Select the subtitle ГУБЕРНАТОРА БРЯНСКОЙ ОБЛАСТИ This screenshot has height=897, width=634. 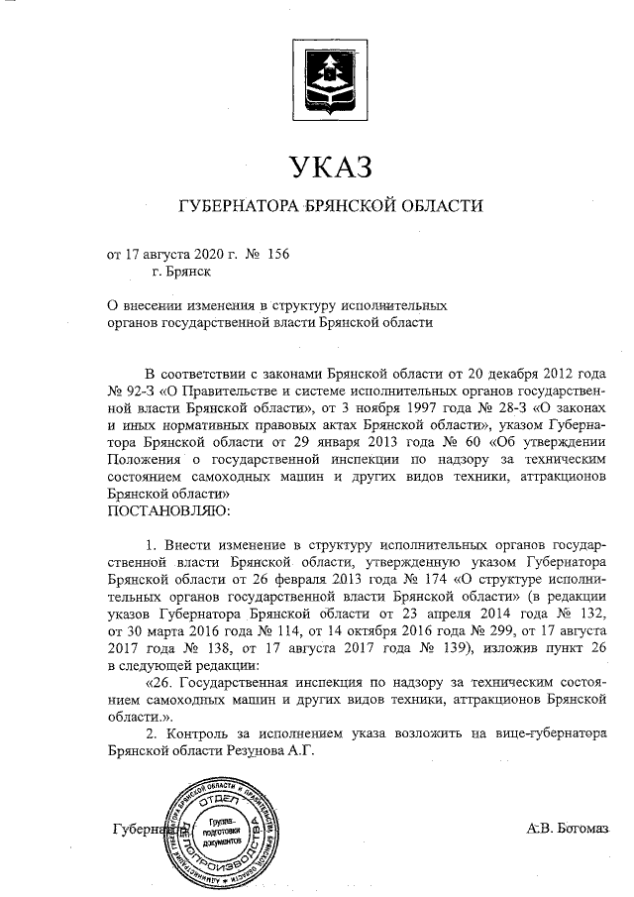pos(328,207)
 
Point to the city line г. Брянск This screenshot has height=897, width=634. pos(181,273)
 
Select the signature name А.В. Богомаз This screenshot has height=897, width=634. pos(569,829)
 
